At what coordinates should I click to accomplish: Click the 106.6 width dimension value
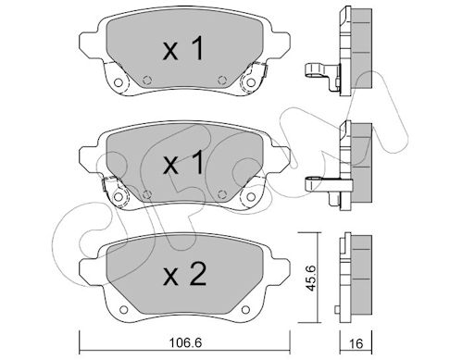pyautogui.click(x=185, y=342)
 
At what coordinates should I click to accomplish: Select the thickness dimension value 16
pyautogui.click(x=357, y=343)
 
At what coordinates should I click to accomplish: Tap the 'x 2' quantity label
pyautogui.click(x=184, y=274)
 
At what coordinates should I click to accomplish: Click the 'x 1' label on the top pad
pyautogui.click(x=183, y=48)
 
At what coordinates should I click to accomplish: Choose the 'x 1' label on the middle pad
pyautogui.click(x=183, y=162)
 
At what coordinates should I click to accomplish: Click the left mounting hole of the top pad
pyautogui.click(x=118, y=82)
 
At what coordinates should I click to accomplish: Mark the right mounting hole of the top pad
pyautogui.click(x=251, y=82)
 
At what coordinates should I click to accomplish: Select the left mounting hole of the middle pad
pyautogui.click(x=118, y=196)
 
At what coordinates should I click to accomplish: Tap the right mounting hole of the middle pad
pyautogui.click(x=251, y=196)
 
